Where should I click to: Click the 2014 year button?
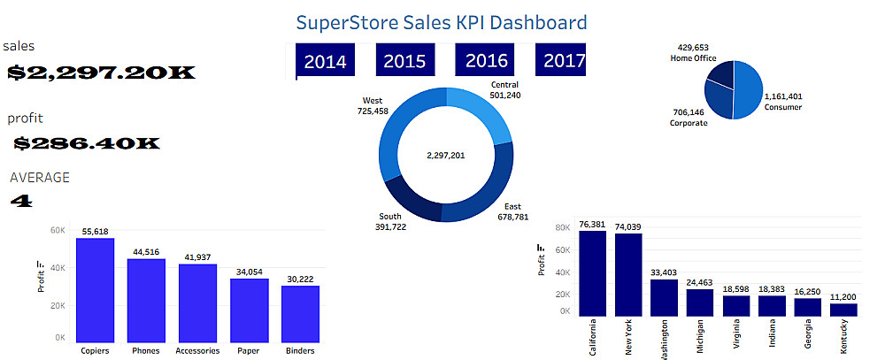324,61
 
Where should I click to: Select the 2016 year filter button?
486,61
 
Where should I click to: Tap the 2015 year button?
405,61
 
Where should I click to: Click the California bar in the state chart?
592,273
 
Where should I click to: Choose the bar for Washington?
664,297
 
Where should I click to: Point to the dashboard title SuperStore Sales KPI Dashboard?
441,22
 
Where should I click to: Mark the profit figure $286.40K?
87,142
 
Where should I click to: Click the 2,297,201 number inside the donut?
445,155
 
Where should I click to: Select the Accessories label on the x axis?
197,350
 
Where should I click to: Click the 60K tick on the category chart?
57,230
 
